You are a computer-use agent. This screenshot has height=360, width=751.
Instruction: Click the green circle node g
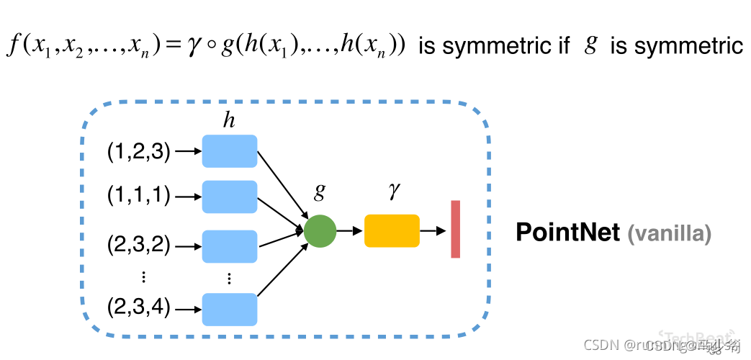[320, 231]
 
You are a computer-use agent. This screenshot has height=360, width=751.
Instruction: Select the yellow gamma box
[392, 231]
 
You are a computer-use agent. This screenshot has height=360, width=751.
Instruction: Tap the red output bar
[456, 229]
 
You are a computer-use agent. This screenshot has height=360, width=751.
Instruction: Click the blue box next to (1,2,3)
[229, 151]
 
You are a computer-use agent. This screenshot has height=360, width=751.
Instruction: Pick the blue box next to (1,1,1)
[229, 197]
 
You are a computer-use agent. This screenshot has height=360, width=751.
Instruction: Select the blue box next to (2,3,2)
[229, 246]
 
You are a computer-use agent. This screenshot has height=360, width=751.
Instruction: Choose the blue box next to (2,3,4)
[229, 309]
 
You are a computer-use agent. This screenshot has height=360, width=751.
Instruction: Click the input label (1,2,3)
[138, 151]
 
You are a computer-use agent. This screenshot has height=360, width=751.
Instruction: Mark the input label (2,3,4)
[138, 309]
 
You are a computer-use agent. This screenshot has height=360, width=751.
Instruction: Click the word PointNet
[567, 232]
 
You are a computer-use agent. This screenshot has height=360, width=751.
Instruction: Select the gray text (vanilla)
[670, 233]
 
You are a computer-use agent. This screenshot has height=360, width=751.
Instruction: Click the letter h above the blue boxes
[229, 121]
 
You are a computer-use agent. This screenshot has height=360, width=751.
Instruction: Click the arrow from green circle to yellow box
[350, 231]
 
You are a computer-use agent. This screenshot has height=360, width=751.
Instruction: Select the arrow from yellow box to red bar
[432, 231]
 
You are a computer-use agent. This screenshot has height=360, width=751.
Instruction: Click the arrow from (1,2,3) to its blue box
[186, 151]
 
